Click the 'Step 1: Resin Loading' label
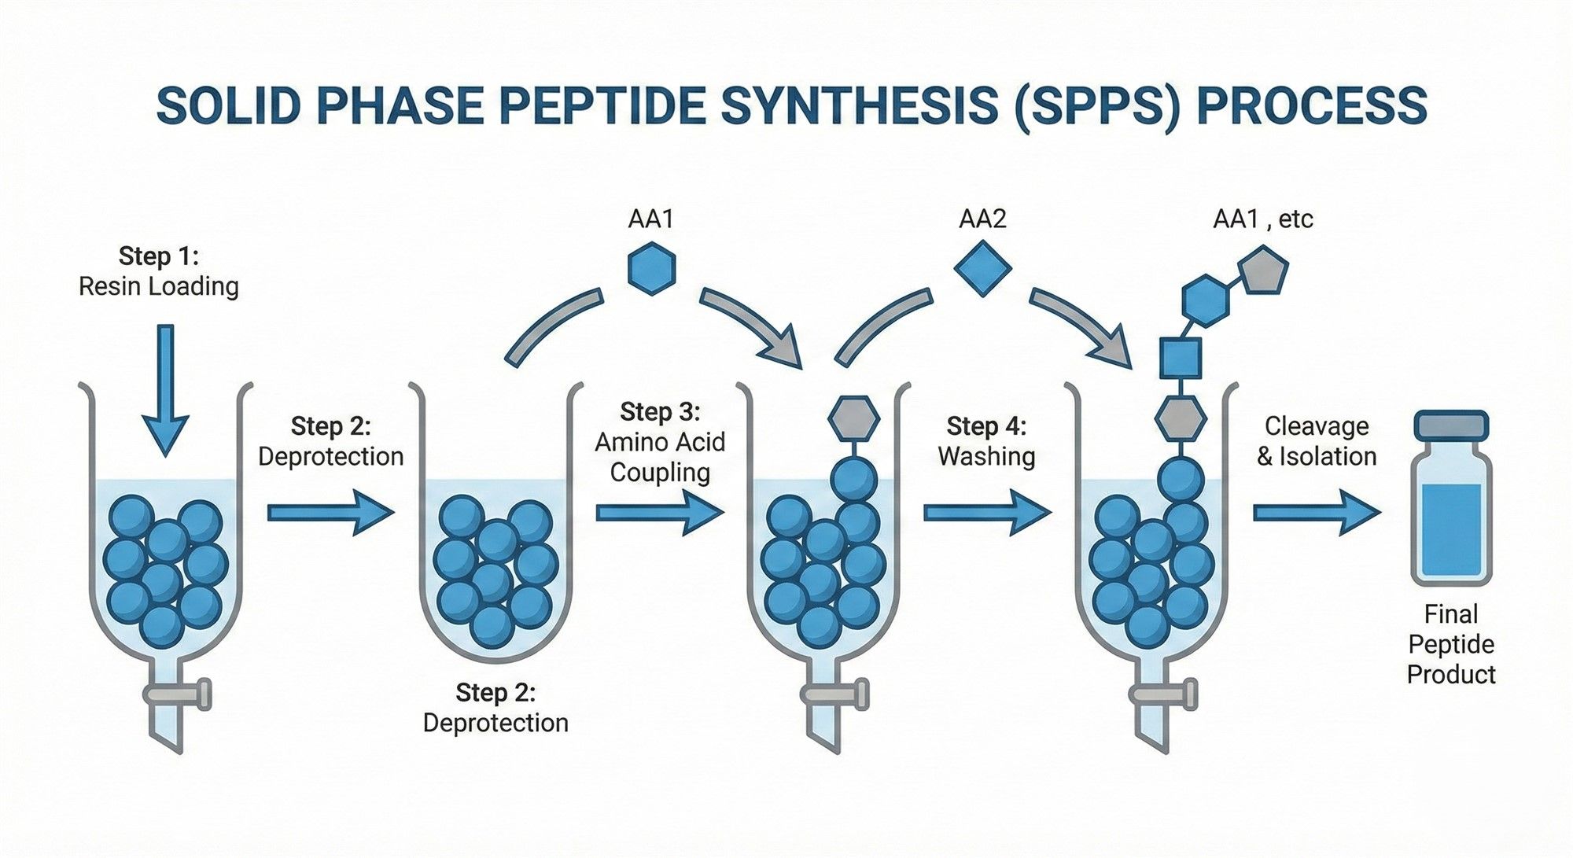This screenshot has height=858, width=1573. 159,271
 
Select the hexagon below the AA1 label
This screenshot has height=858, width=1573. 651,268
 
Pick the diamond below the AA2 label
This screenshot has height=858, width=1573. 982,268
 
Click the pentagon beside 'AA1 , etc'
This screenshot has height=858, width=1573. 1263,271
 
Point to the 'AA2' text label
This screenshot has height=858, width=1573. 982,219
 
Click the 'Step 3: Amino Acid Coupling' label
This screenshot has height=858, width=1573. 660,442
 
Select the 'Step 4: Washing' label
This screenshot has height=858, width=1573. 986,441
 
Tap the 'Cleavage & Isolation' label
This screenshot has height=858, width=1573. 1317,441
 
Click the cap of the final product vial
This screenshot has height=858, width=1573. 1451,425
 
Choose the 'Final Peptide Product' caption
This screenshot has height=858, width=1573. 1451,644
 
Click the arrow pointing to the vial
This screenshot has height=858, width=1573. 1316,514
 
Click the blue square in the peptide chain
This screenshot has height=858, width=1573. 1181,358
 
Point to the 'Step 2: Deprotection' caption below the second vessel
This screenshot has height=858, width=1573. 495,708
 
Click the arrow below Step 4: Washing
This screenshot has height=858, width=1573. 986,514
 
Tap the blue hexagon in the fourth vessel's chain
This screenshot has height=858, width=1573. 1206,300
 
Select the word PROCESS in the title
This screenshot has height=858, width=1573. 1311,106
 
